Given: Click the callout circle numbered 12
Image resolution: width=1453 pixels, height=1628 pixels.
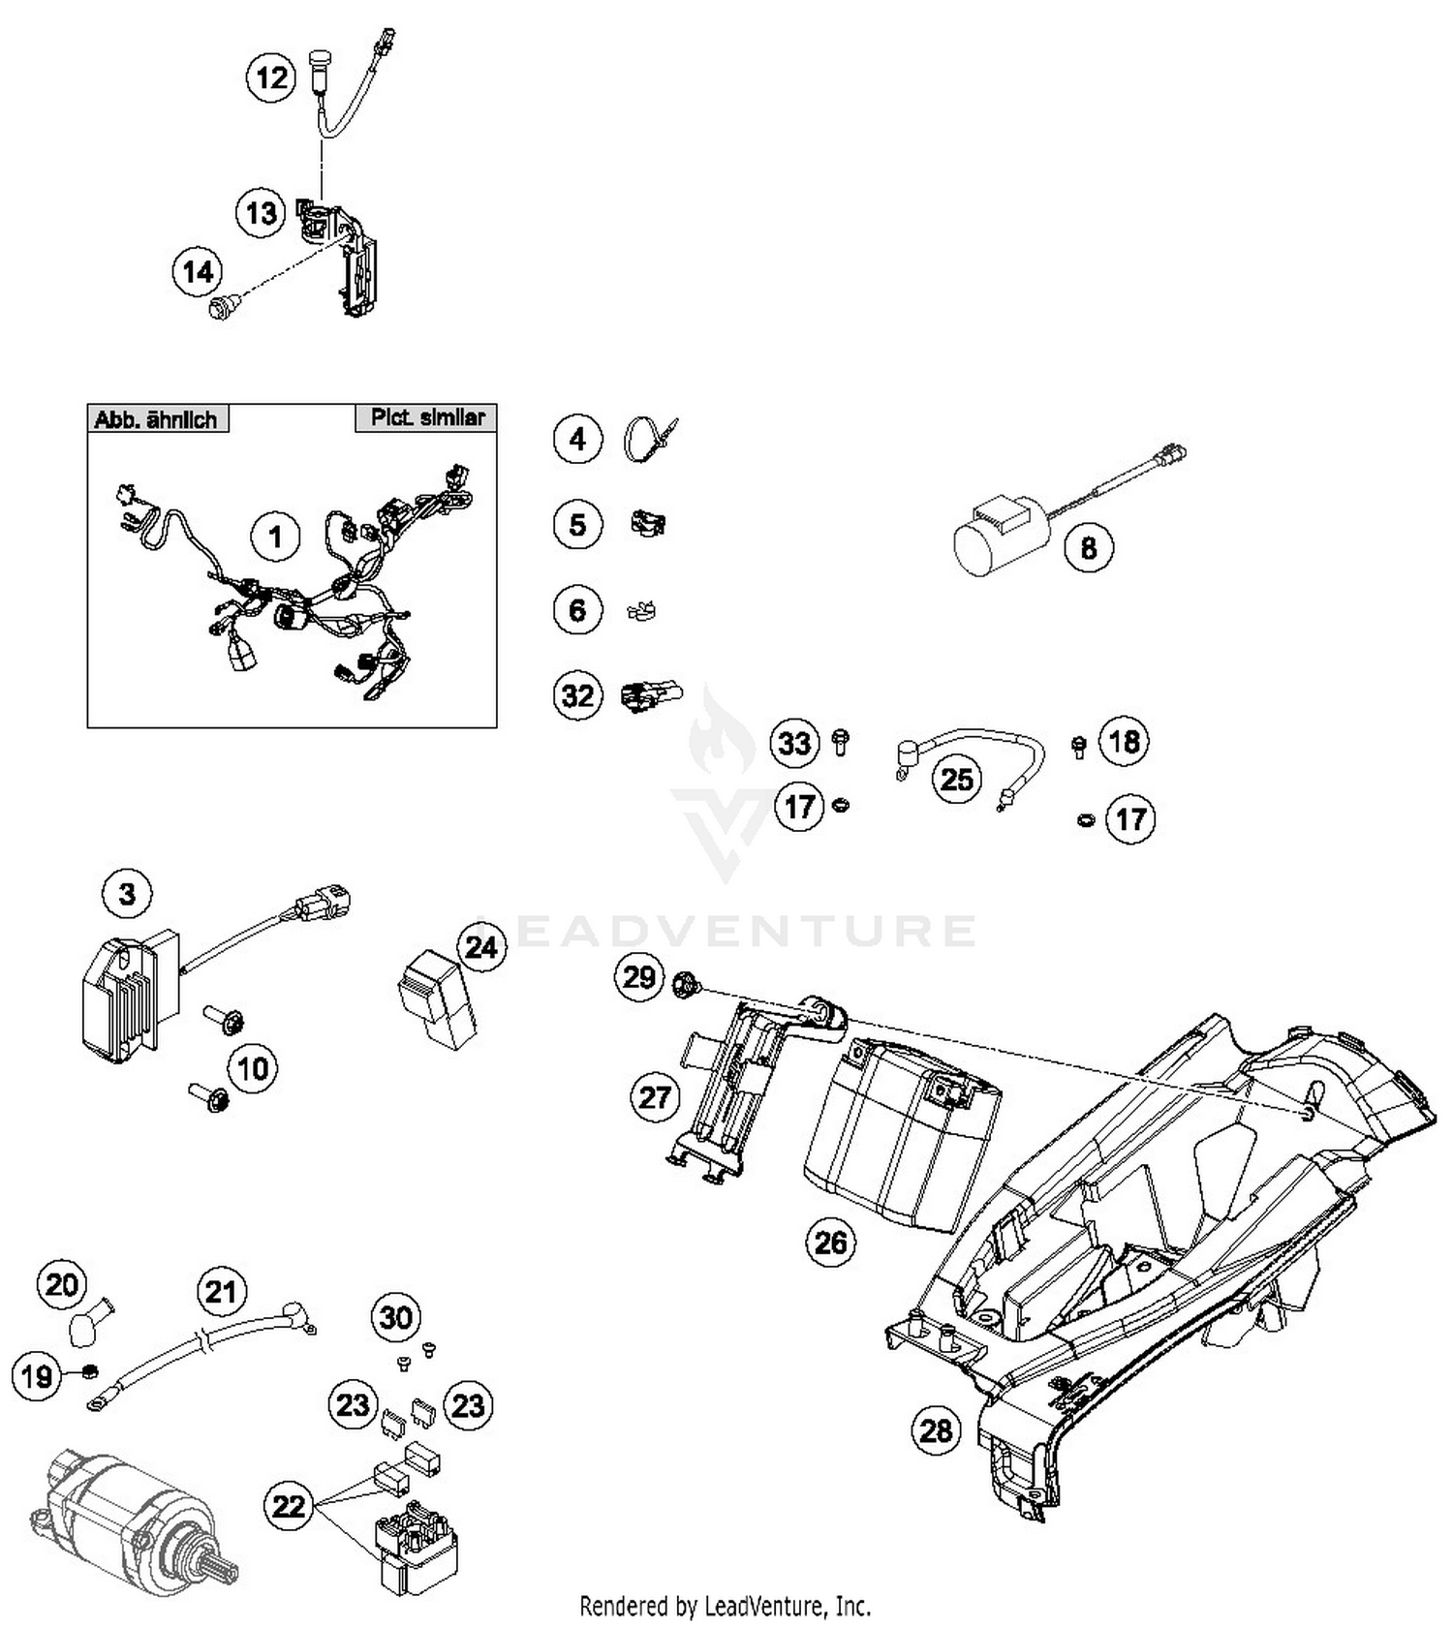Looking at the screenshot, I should [x=271, y=77].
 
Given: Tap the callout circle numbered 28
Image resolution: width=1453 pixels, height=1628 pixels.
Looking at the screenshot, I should [x=936, y=1429].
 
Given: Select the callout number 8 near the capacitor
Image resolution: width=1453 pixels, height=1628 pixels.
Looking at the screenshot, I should [x=1088, y=547].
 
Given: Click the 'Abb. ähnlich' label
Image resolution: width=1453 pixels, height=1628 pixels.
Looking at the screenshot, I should [x=157, y=419].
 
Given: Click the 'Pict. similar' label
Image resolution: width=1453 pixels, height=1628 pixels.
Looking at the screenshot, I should [x=427, y=417].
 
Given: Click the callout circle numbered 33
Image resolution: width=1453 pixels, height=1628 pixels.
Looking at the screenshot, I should [x=794, y=743].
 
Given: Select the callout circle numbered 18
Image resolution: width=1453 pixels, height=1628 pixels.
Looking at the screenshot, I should [x=1124, y=741].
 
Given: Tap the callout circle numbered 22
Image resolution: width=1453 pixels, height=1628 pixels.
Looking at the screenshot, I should [x=289, y=1506].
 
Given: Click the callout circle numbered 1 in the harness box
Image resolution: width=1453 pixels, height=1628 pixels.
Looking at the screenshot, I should [x=275, y=536].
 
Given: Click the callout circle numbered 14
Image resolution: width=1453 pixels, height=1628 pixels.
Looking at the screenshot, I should [x=198, y=271].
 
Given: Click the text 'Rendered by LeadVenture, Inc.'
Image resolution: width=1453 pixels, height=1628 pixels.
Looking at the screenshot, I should [x=725, y=1607].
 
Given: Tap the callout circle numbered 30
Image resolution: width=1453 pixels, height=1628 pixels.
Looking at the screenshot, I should [x=396, y=1316].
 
